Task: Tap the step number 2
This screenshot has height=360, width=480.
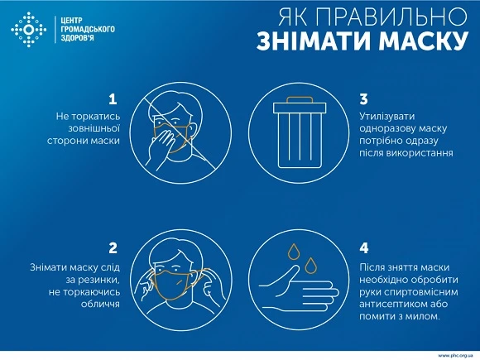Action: coord(113,247)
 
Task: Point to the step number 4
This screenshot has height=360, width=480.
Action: coord(365,247)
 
